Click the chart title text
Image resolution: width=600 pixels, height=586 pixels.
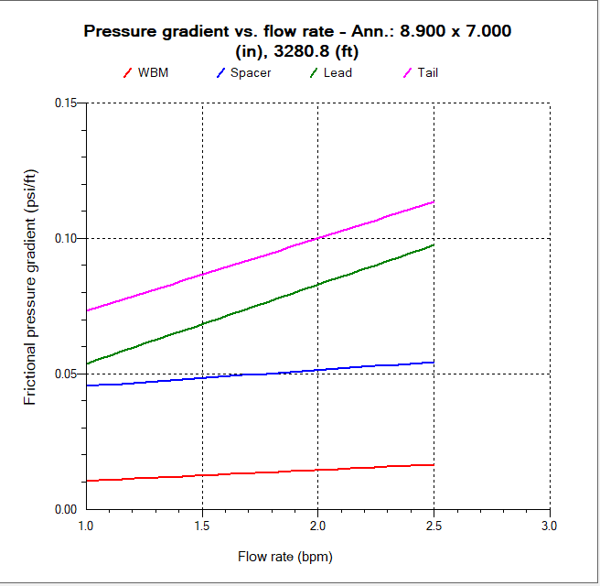(297, 39)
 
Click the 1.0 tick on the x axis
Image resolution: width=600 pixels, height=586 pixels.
(87, 526)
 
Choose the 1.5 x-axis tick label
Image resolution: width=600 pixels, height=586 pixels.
(202, 526)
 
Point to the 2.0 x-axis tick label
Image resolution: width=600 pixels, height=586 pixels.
(318, 526)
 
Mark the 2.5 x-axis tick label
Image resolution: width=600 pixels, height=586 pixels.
(434, 526)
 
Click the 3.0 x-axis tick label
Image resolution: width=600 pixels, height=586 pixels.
(549, 526)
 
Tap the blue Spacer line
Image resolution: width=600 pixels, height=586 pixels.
(261, 374)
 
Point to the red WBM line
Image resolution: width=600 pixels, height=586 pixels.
(261, 472)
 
